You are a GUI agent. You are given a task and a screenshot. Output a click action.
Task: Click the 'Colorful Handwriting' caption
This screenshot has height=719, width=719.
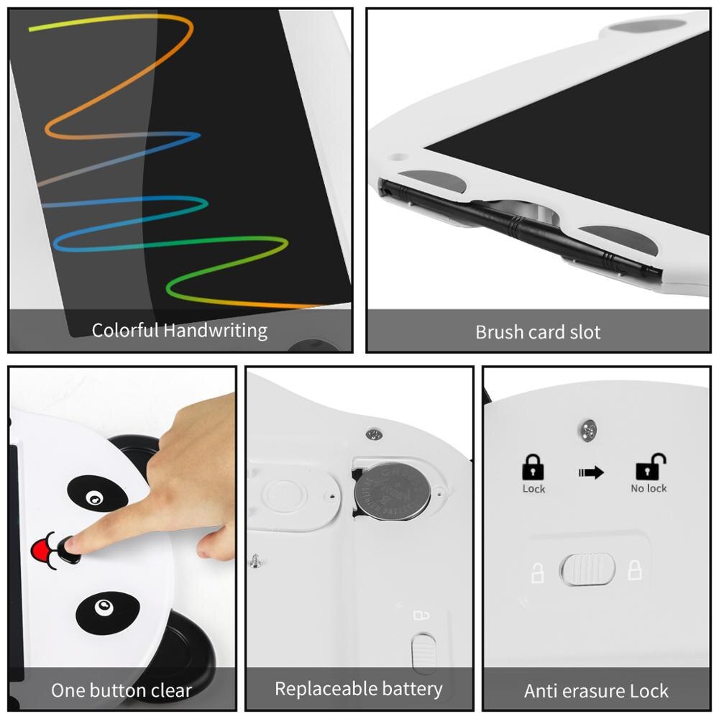point(179,331)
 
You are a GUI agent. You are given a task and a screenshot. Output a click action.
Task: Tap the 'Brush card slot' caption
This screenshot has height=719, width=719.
point(538,332)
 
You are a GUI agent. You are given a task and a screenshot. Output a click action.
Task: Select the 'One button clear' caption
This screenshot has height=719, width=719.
point(122,691)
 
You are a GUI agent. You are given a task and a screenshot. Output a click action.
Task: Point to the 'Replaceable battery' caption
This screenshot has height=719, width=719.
point(358,689)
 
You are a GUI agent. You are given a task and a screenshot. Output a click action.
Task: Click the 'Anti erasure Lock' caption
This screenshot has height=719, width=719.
point(596,691)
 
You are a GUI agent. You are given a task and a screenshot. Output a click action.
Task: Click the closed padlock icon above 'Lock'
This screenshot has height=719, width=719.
point(533,468)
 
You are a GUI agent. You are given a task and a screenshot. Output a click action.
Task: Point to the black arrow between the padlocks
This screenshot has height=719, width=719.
point(590,472)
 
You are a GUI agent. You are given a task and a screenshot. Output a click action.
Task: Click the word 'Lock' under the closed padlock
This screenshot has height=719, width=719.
point(533,489)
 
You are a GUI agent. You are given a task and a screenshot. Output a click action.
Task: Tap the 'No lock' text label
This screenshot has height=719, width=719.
point(649,489)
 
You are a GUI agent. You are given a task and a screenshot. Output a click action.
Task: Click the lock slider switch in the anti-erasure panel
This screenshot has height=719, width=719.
point(588,570)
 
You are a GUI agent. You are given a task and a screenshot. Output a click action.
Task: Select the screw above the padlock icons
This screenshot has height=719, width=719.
point(588,430)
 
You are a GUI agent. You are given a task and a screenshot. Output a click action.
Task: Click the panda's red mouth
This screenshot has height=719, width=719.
point(44,551)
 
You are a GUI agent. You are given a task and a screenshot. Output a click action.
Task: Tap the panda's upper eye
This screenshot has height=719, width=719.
point(94,497)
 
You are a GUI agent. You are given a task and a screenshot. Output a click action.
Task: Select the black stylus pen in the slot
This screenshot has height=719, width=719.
point(518,226)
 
